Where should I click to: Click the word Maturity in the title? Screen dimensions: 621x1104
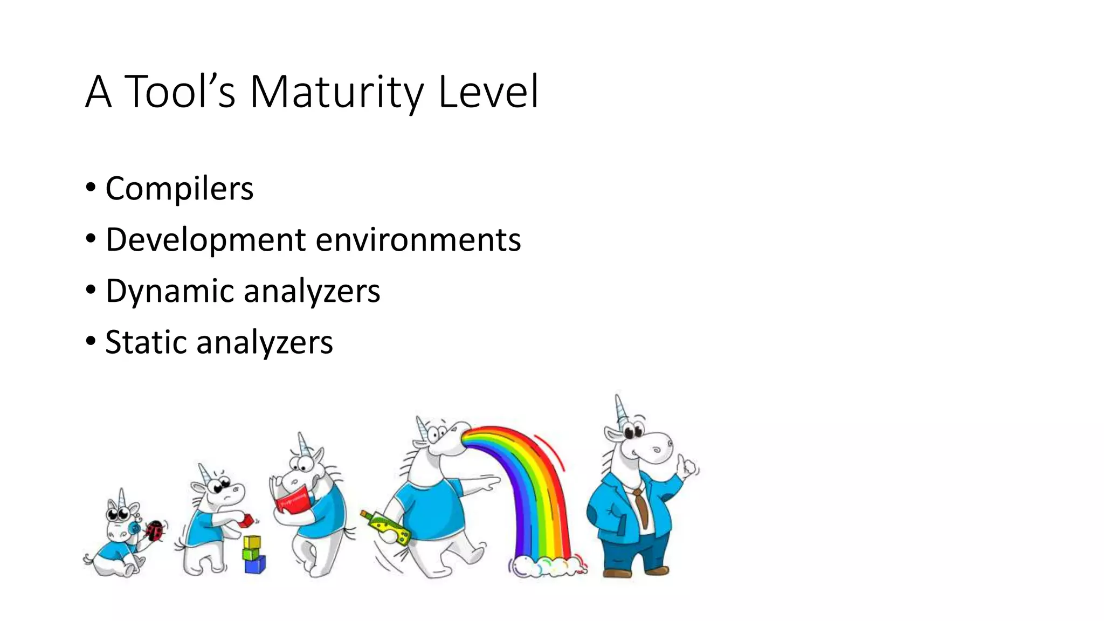tap(337, 93)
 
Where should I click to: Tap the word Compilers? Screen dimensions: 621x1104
tap(179, 189)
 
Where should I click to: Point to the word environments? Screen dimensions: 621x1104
tap(418, 240)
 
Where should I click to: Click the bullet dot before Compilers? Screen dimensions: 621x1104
tap(91, 188)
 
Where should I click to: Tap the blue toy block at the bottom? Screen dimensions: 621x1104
tap(254, 565)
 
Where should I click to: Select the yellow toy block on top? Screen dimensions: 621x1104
tap(252, 542)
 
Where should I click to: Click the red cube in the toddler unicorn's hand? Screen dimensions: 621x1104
tap(247, 520)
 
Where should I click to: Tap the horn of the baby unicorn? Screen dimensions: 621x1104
tap(122, 498)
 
